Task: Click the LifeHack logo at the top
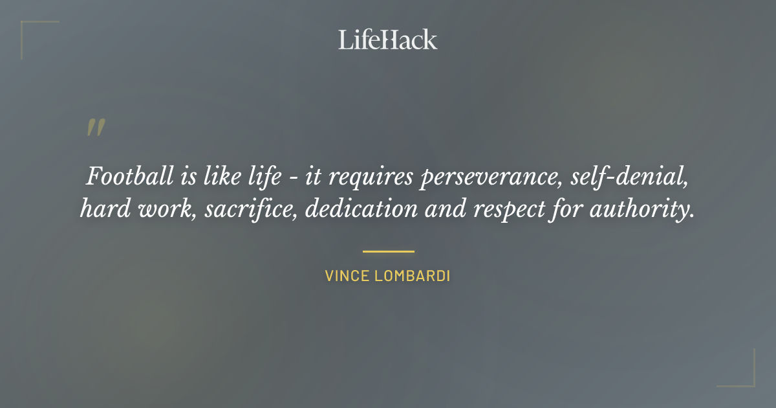click(388, 40)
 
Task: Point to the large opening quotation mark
click(95, 127)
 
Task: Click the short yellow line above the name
click(388, 251)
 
